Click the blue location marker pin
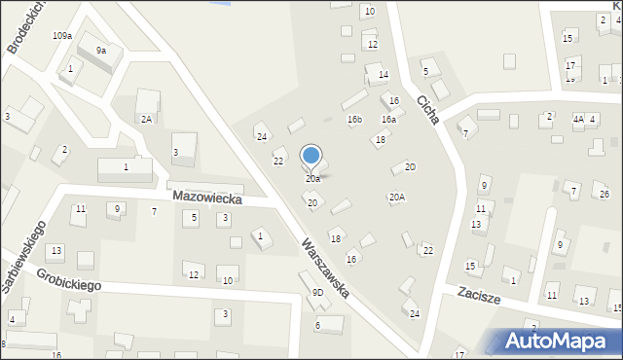click(311, 157)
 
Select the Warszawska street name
click(324, 268)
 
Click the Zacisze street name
click(479, 297)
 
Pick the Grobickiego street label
click(71, 286)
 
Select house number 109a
click(62, 36)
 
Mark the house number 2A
click(146, 119)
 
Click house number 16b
click(354, 120)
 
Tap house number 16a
click(388, 120)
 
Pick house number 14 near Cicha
click(384, 75)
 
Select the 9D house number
click(317, 293)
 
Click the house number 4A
click(578, 119)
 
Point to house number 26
click(605, 195)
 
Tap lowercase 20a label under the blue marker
click(312, 179)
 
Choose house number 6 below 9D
click(317, 325)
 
